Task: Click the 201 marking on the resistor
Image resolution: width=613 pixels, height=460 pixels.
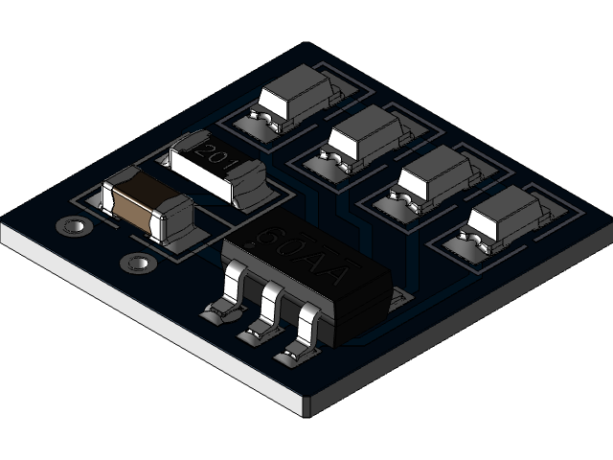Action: coord(213,157)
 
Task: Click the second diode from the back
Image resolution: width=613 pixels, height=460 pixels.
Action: coord(369,135)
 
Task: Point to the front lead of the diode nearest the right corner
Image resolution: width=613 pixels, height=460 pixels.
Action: coord(468,237)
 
